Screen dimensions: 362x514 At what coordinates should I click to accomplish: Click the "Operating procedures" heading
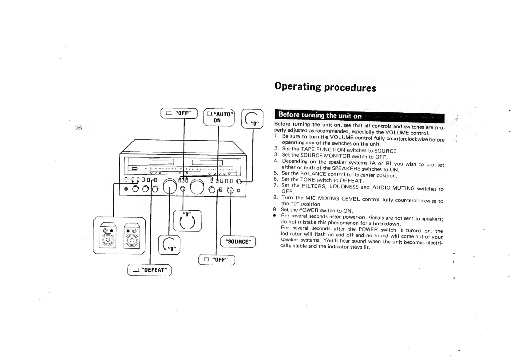tap(325, 87)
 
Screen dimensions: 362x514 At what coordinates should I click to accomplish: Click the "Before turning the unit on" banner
tap(320, 116)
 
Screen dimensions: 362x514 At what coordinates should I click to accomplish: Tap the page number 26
tap(78, 128)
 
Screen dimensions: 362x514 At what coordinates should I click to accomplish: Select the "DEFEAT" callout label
tap(149, 270)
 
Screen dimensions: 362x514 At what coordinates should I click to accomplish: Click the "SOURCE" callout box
tap(239, 241)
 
